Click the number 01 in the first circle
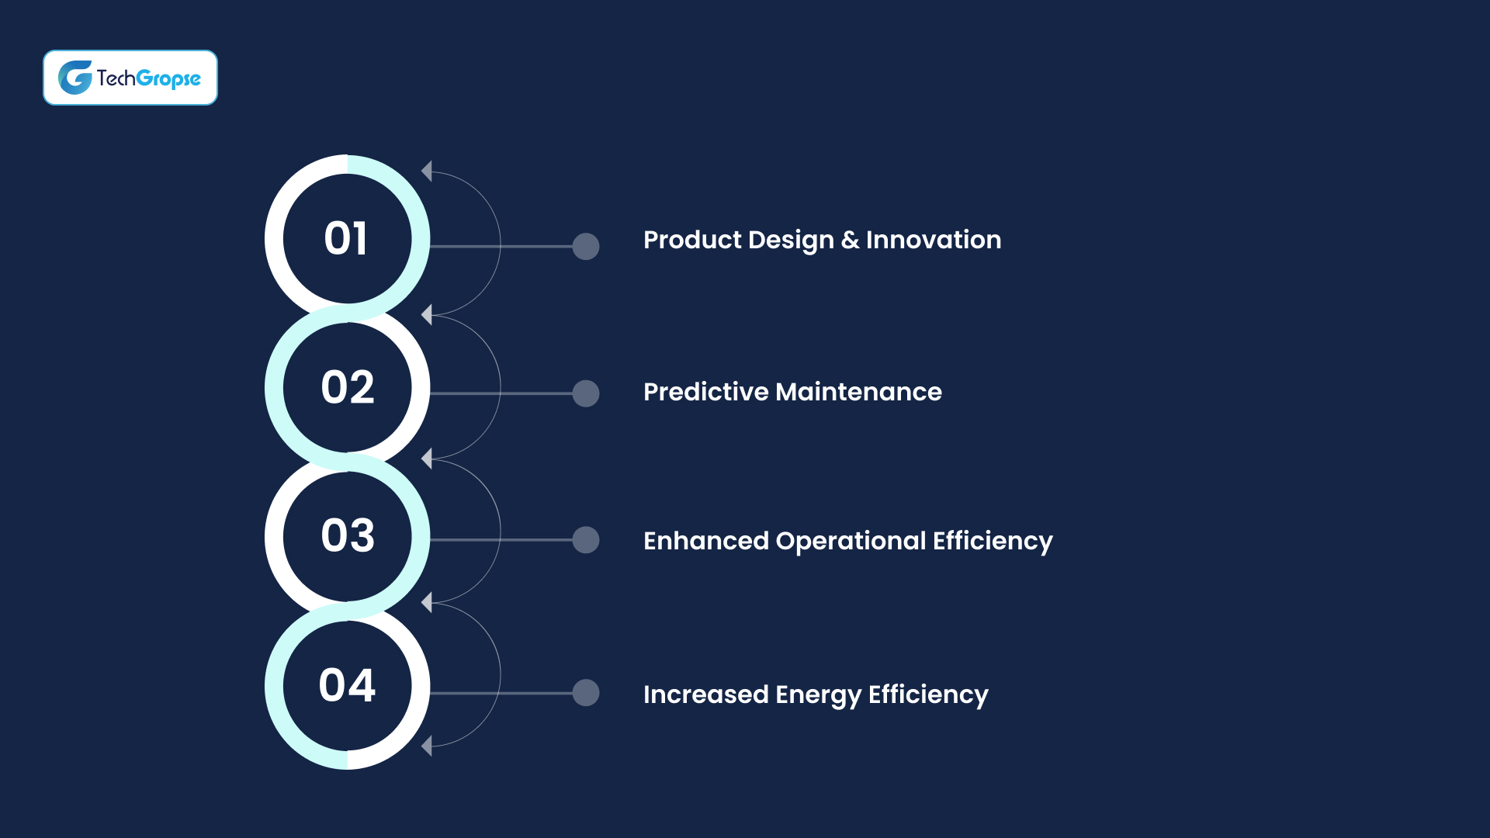click(x=346, y=238)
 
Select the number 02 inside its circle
click(x=348, y=387)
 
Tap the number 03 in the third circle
click(x=348, y=535)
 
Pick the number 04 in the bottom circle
click(x=347, y=685)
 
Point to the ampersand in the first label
click(x=851, y=240)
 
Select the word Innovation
click(x=934, y=240)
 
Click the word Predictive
click(x=705, y=392)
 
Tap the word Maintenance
click(x=858, y=392)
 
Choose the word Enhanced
click(x=705, y=541)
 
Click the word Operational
click(x=851, y=541)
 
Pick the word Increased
click(x=705, y=694)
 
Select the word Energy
click(x=818, y=695)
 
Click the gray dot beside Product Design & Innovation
click(x=586, y=247)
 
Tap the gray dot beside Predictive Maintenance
click(x=586, y=393)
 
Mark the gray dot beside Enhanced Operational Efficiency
click(x=586, y=540)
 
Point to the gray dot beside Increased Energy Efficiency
click(x=586, y=693)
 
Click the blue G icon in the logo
click(x=75, y=78)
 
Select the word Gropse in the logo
click(x=168, y=78)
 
